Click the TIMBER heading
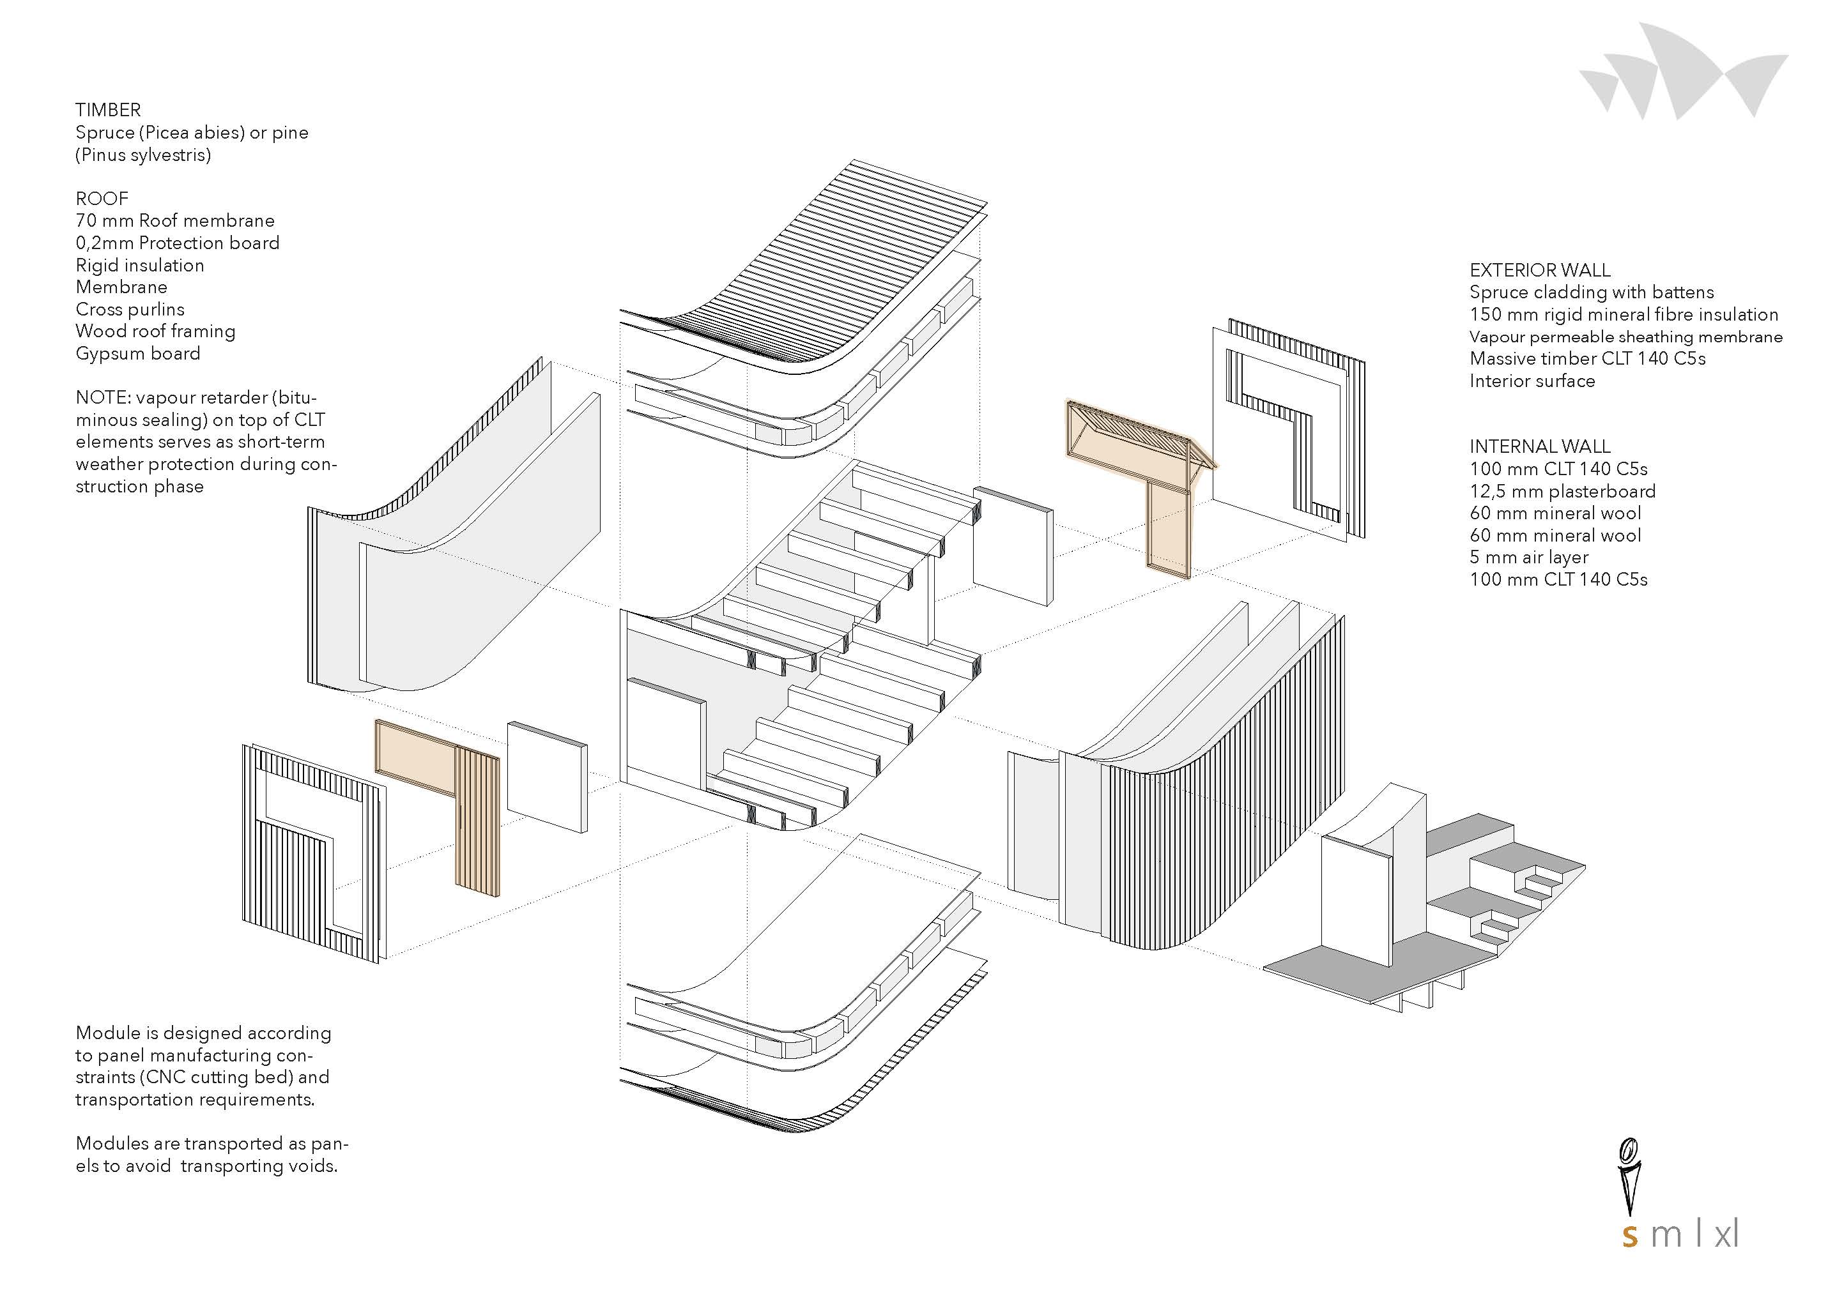(108, 110)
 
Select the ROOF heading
(102, 198)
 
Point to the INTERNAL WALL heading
(1540, 446)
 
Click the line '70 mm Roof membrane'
(175, 220)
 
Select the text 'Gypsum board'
(138, 353)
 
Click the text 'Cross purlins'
(130, 309)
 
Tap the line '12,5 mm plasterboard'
(1563, 491)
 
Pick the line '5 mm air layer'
(1528, 558)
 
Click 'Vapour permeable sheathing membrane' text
(1625, 337)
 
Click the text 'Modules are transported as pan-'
(211, 1143)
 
